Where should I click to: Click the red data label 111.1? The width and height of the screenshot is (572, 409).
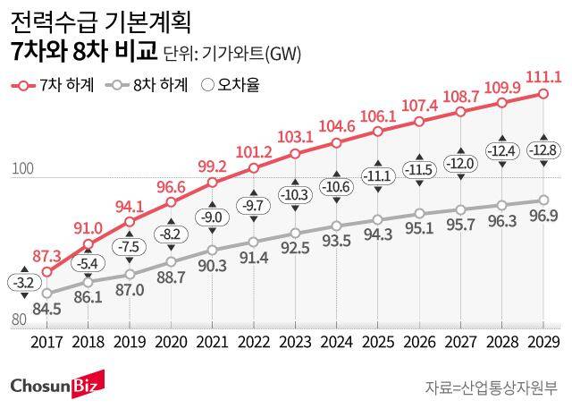click(x=544, y=77)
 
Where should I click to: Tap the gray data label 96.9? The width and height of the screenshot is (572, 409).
click(x=545, y=217)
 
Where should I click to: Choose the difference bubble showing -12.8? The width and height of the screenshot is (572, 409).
click(x=544, y=149)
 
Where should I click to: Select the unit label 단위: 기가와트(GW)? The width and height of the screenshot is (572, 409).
click(x=232, y=54)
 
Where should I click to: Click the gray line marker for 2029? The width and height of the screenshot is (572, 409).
click(x=544, y=200)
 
